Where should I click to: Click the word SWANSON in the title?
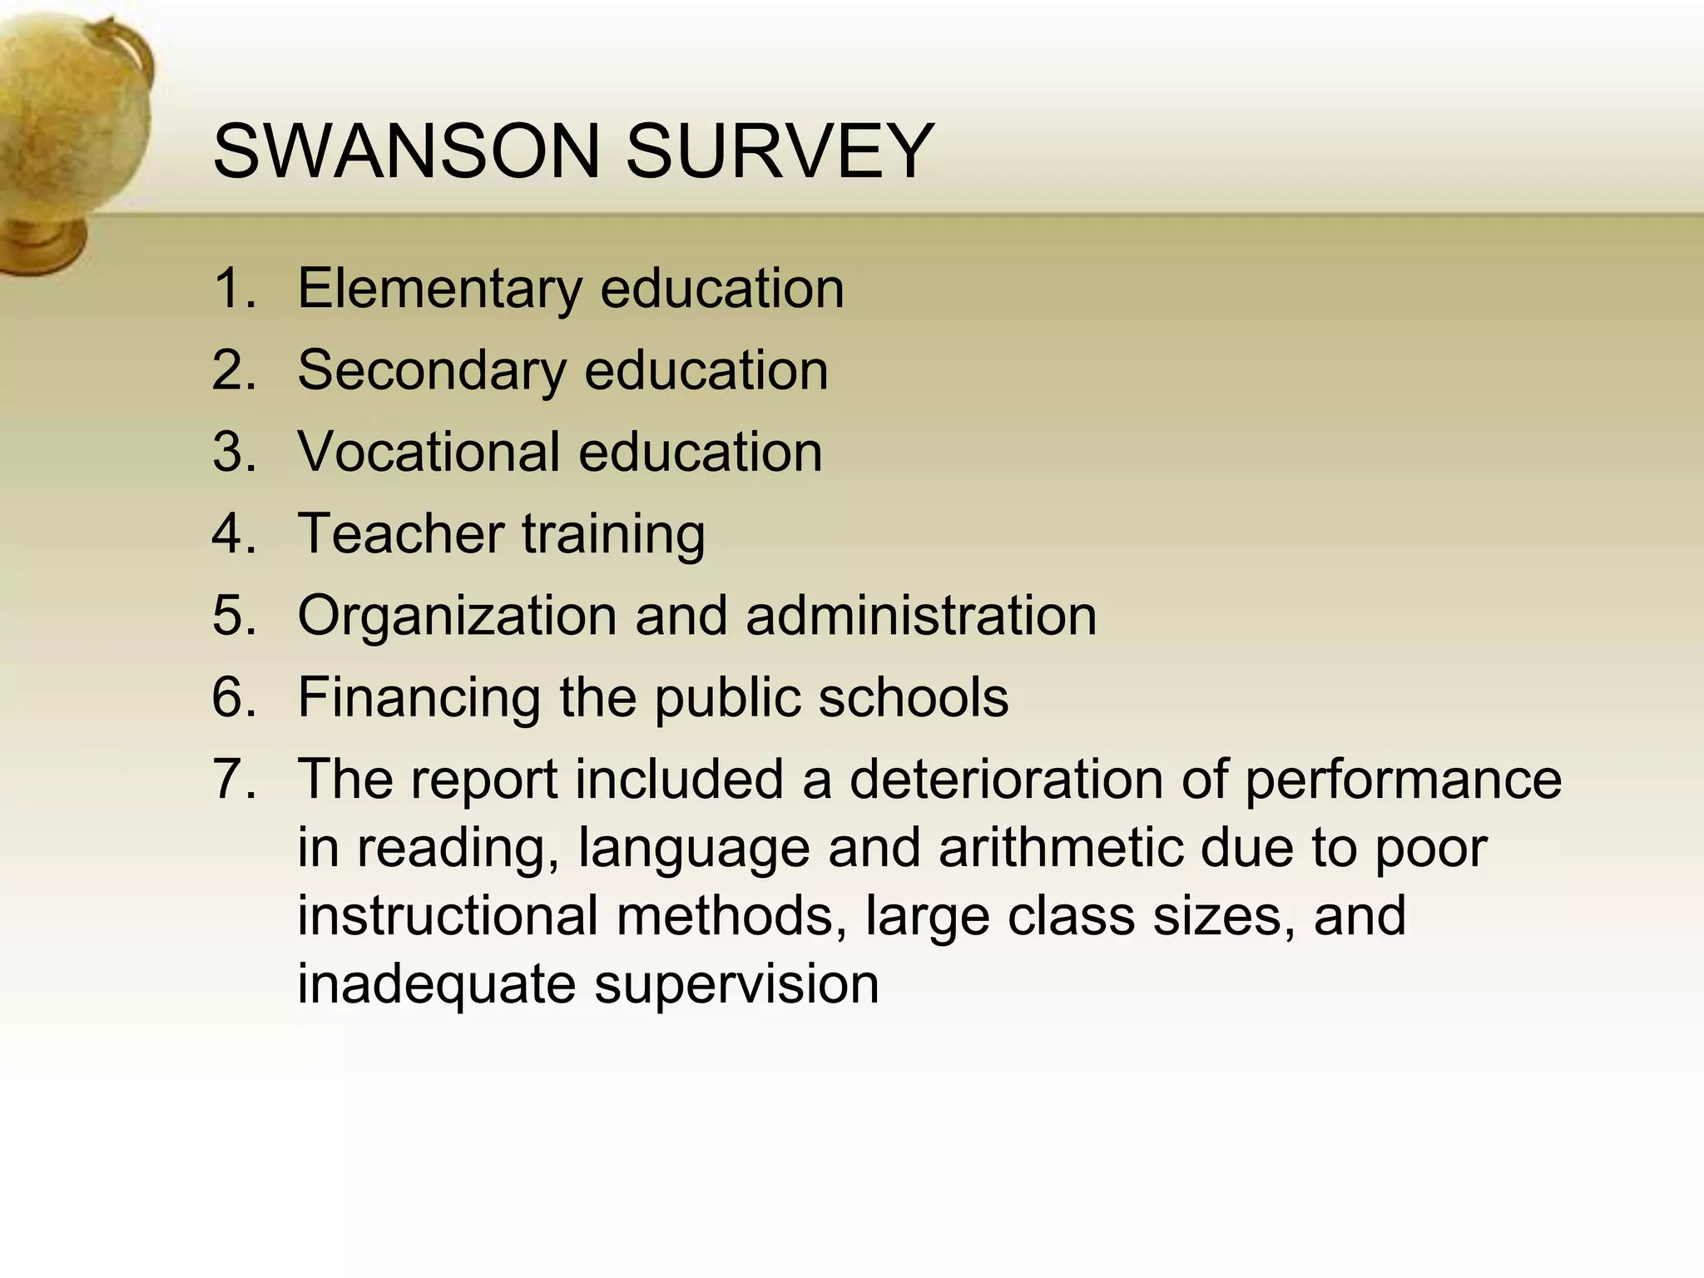pos(405,151)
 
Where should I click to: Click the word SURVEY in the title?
pos(780,151)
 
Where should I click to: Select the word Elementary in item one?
pos(440,289)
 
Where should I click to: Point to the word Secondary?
pos(432,370)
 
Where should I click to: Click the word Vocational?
pos(428,452)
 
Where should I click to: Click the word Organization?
pos(457,617)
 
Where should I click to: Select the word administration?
pos(921,615)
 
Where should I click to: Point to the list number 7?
pos(234,779)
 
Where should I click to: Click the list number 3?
pos(234,452)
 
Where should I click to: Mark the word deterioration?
pos(1006,779)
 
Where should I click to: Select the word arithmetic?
pos(1060,847)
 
